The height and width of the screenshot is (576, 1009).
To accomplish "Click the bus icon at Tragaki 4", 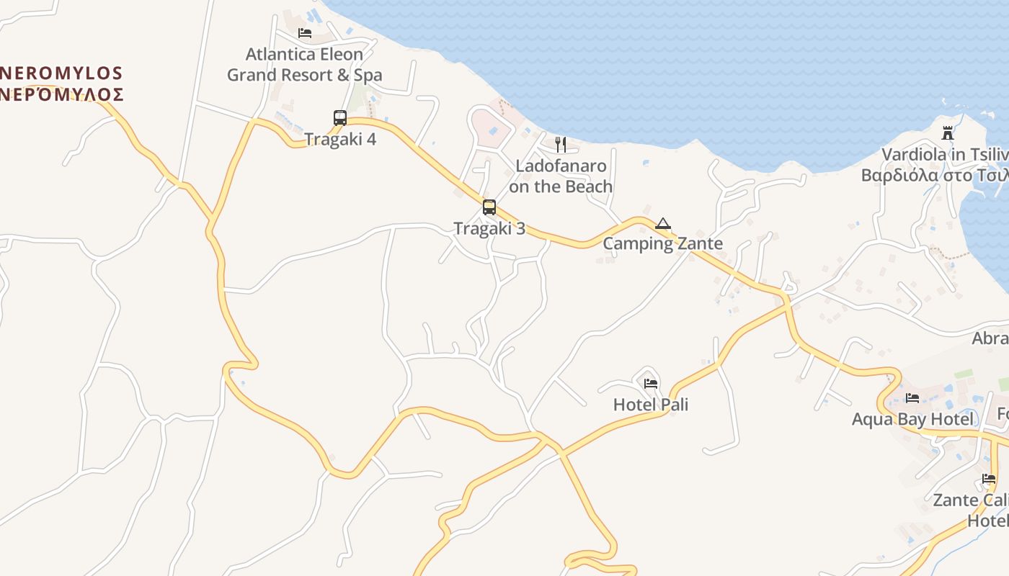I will click(339, 117).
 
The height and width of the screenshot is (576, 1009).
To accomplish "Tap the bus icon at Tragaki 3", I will click(489, 207).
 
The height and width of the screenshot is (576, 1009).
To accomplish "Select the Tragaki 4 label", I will click(340, 139).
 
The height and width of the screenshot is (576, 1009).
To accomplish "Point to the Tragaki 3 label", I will click(489, 229).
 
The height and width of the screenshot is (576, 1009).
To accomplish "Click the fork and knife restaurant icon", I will click(561, 145).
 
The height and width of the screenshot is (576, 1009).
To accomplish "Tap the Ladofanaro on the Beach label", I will click(561, 176).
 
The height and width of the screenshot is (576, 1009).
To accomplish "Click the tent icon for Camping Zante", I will click(663, 223).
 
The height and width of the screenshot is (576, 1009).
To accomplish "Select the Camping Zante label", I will click(662, 243).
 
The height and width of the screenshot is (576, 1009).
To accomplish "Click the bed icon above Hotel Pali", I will click(651, 384).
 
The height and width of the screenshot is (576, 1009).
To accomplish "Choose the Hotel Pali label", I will click(651, 405).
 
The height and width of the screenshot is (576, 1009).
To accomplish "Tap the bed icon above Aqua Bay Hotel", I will click(912, 398).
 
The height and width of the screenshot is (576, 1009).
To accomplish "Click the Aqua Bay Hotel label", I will click(912, 419).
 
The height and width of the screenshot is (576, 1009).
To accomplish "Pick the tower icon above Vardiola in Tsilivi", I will click(948, 133).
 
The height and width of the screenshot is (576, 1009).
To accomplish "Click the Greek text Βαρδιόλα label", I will click(934, 175).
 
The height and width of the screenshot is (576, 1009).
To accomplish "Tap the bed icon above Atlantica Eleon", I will click(305, 33).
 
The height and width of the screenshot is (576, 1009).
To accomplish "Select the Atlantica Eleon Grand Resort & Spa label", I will click(305, 65).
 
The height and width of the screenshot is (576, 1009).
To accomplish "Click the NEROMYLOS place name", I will click(61, 73).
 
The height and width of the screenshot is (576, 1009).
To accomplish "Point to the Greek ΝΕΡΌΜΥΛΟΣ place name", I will click(61, 94).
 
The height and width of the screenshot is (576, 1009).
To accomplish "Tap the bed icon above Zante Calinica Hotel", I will click(988, 479).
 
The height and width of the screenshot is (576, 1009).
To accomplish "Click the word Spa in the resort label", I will click(368, 75).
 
